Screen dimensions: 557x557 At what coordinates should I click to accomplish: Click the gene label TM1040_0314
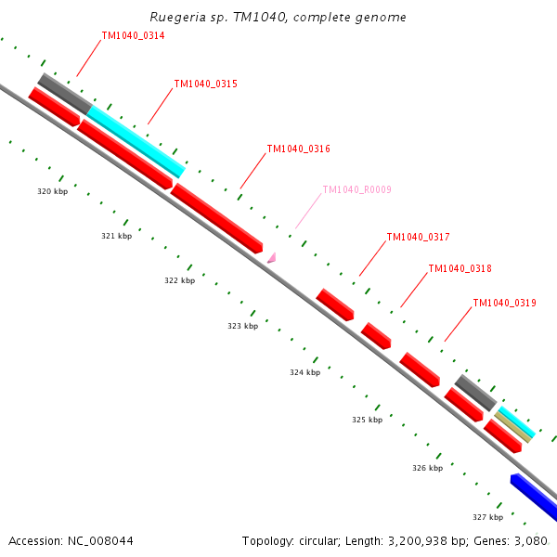click(133, 35)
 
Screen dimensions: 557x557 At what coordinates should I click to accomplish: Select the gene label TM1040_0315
click(205, 84)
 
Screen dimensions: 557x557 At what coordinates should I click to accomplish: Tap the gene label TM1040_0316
click(298, 149)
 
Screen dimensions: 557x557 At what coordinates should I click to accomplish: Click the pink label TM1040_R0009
click(356, 189)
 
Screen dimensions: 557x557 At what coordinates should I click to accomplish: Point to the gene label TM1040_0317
click(418, 237)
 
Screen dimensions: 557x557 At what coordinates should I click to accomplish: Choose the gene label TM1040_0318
click(460, 268)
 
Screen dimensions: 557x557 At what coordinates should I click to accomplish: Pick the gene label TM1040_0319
click(504, 303)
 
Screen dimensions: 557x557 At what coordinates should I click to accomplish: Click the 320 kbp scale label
click(52, 191)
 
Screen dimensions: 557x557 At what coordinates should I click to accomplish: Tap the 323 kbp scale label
click(243, 326)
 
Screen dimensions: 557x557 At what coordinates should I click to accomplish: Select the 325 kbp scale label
click(367, 420)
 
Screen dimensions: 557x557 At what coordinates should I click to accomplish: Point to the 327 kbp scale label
click(487, 517)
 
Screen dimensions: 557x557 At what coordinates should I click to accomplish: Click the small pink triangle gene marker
click(272, 258)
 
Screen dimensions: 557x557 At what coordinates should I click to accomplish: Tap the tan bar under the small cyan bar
click(513, 427)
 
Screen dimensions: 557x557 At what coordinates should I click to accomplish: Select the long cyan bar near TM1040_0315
click(136, 141)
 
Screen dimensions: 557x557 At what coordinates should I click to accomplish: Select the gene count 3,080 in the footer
click(531, 540)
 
